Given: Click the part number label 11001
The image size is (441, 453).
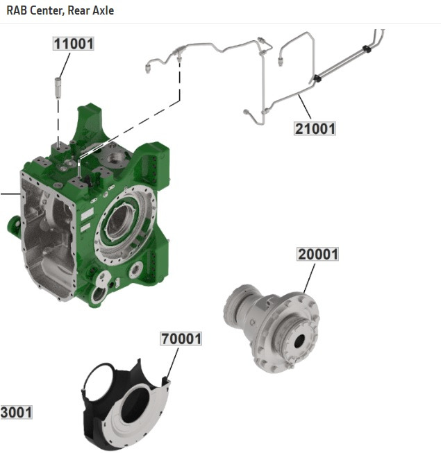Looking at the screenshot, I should click(x=74, y=44).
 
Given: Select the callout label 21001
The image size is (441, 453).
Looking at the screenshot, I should click(x=315, y=128).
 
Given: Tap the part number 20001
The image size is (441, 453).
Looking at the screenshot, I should click(x=318, y=255).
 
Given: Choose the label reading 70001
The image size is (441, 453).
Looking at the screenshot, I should click(x=181, y=339).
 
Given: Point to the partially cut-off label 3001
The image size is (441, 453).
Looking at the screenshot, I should click(x=16, y=412).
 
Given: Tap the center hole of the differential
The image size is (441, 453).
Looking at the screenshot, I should click(x=301, y=341).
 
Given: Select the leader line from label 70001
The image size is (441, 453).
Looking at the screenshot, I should click(x=172, y=362).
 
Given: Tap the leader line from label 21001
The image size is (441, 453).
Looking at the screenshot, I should click(x=303, y=108).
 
